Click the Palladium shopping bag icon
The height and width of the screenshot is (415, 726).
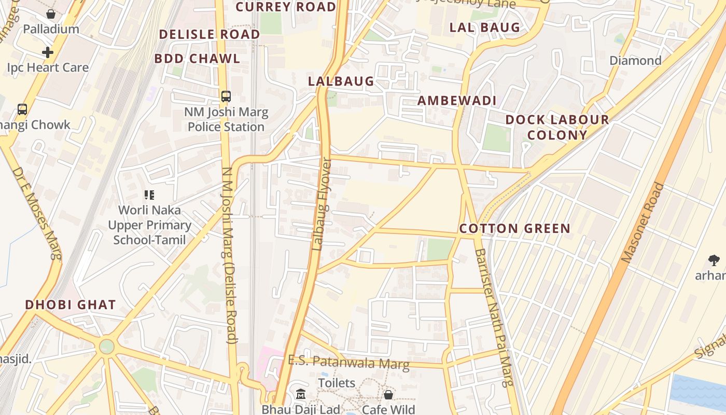[x=51, y=14]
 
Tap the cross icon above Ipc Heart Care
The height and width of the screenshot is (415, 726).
[x=48, y=52]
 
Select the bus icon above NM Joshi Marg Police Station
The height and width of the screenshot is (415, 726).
[x=226, y=96]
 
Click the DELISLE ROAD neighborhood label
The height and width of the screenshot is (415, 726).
[x=210, y=34]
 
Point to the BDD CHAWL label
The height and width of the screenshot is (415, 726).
[x=197, y=58]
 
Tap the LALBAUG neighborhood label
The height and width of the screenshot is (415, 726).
[x=341, y=81]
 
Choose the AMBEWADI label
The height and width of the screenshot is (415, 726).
[x=457, y=101]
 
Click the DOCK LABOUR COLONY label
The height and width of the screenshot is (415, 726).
[x=557, y=127]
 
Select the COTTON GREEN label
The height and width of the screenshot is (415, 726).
[x=514, y=228]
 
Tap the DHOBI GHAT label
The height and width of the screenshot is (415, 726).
[x=71, y=305]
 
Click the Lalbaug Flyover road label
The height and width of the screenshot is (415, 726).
[x=322, y=204]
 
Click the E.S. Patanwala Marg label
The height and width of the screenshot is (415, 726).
[x=348, y=362]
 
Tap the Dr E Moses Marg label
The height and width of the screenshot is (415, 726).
[x=37, y=213]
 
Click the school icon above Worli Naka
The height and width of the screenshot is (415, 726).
[x=149, y=195]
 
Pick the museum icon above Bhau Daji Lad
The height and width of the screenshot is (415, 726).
[x=300, y=395]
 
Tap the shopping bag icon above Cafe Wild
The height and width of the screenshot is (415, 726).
[x=388, y=395]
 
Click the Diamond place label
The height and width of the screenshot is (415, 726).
[x=635, y=61]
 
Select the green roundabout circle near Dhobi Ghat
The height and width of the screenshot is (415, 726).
[x=106, y=346]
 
